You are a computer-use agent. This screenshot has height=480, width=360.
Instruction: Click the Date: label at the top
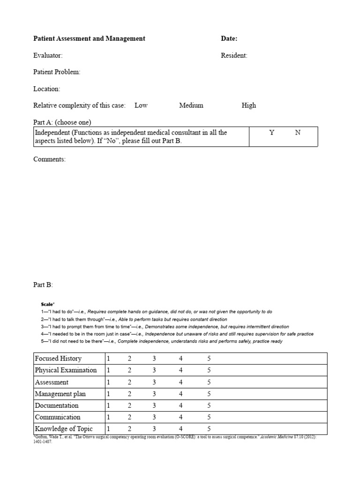(x=229, y=38)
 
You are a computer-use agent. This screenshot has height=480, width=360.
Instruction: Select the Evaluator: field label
(x=48, y=55)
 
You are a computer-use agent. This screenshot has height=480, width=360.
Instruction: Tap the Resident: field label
(x=234, y=55)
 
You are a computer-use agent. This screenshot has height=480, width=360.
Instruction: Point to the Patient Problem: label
(x=57, y=72)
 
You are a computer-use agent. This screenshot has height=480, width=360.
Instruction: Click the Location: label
(x=46, y=89)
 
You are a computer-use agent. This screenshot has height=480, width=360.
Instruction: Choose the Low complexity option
(x=141, y=105)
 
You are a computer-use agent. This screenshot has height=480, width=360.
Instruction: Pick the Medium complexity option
(x=191, y=105)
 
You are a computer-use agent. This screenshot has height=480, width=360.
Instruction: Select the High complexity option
(x=249, y=105)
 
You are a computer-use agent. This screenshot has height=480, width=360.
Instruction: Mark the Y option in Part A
(x=272, y=133)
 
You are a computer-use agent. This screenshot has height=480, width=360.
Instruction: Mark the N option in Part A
(x=298, y=133)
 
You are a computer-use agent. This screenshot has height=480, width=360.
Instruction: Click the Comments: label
(x=49, y=159)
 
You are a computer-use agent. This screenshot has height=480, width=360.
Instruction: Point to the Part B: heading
(x=43, y=285)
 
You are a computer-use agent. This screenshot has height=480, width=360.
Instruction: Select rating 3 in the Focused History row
(x=154, y=359)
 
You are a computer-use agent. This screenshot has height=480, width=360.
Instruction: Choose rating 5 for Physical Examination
(x=209, y=370)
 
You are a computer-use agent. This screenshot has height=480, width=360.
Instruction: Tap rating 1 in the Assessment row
(x=108, y=382)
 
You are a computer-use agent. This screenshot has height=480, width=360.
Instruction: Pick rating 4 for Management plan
(x=181, y=394)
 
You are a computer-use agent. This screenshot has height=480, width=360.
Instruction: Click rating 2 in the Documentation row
(x=129, y=405)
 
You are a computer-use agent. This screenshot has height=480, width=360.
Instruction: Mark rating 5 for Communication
(x=209, y=417)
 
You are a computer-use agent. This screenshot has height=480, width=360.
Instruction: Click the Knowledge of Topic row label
(x=64, y=428)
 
